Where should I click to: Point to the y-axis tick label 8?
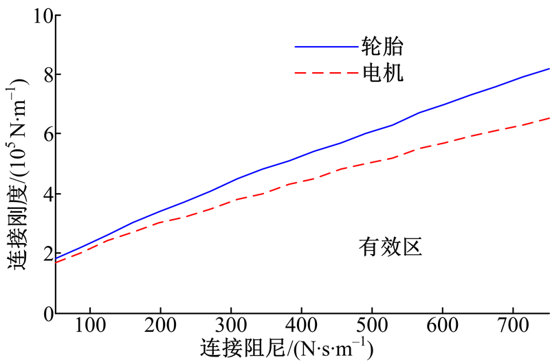pyautogui.click(x=43, y=74)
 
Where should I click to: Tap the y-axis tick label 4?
pyautogui.click(x=43, y=194)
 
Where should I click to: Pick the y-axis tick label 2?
pyautogui.click(x=43, y=253)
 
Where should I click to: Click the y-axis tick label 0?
pyautogui.click(x=43, y=313)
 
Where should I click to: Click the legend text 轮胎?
pyautogui.click(x=382, y=47)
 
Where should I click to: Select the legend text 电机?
pyautogui.click(x=382, y=71)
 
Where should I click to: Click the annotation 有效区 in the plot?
pyautogui.click(x=388, y=247)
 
